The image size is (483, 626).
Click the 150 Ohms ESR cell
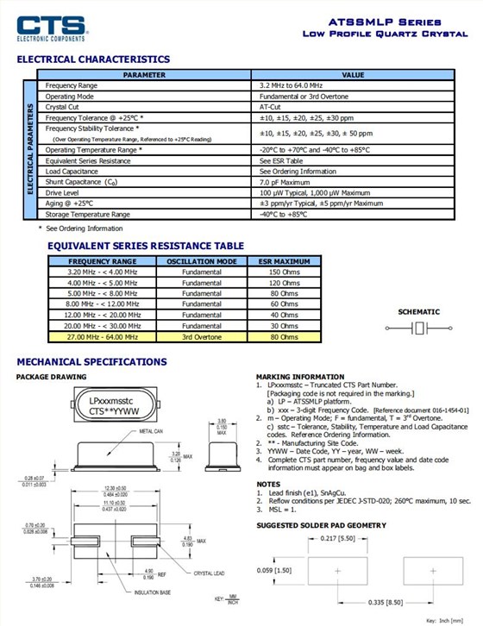coord(284,272)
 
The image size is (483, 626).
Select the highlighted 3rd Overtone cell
coord(201,337)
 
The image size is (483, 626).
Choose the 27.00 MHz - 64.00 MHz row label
coord(102,337)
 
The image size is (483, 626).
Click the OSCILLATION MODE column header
coord(201,260)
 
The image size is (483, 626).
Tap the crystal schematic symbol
coord(417,328)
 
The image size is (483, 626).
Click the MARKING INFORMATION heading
coord(300,377)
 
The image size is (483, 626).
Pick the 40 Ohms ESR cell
coord(284,315)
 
